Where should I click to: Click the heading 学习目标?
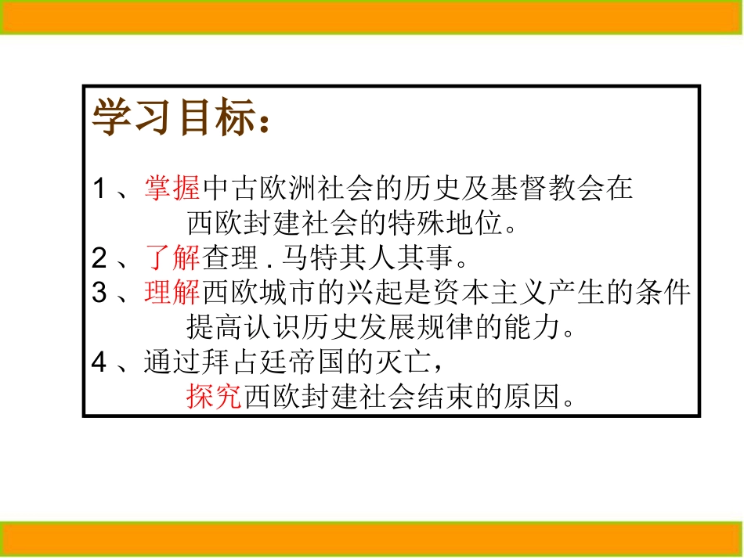172,117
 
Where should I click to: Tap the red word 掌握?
173,189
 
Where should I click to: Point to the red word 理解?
173,293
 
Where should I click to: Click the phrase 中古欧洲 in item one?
259,189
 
